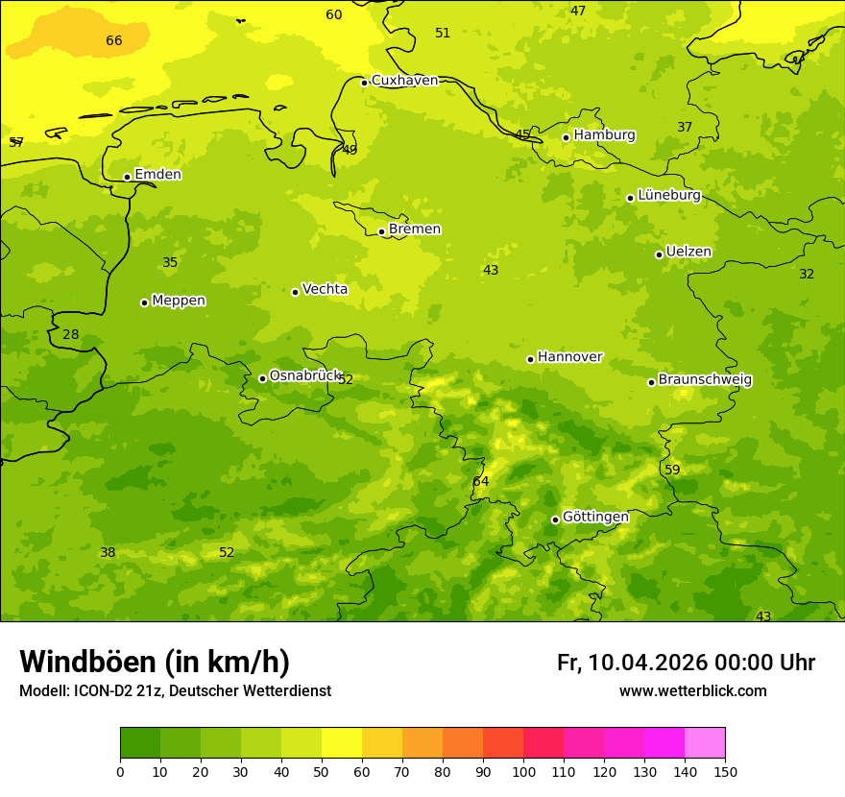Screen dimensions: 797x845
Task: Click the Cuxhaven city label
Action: [x=404, y=81]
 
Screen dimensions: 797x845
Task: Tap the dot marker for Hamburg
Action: [x=567, y=137]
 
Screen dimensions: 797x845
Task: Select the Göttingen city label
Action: [x=595, y=518]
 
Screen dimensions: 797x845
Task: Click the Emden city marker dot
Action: [x=127, y=177]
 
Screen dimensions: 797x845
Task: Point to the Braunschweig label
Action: [x=705, y=380]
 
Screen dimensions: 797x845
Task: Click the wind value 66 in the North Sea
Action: [x=114, y=40]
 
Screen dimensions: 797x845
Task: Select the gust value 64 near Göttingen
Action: [x=481, y=481]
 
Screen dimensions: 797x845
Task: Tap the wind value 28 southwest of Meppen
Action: [x=71, y=335]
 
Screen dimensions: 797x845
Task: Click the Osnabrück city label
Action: [x=305, y=376]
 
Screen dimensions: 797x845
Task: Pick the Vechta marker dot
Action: [x=295, y=292]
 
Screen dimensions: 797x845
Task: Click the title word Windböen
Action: [x=87, y=662]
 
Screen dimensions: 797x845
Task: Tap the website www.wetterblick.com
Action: [x=692, y=691]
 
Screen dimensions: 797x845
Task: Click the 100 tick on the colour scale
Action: [x=523, y=771]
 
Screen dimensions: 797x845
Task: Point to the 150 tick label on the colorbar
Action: [x=725, y=771]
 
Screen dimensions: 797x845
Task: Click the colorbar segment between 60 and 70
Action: [x=382, y=743]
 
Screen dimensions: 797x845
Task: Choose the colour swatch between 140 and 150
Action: [x=705, y=743]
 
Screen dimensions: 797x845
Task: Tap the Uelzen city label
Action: [x=688, y=253]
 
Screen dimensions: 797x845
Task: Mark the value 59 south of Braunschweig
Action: [x=672, y=470]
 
